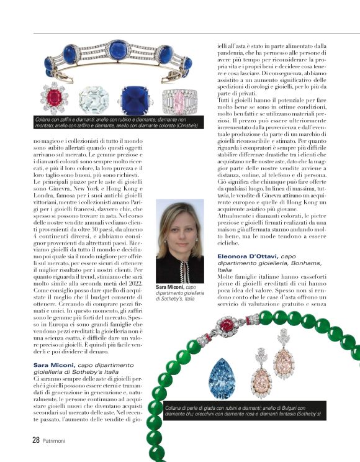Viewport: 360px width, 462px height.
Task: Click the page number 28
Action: pyautogui.click(x=20, y=440)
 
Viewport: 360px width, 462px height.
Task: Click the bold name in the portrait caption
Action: pyautogui.click(x=170, y=288)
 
